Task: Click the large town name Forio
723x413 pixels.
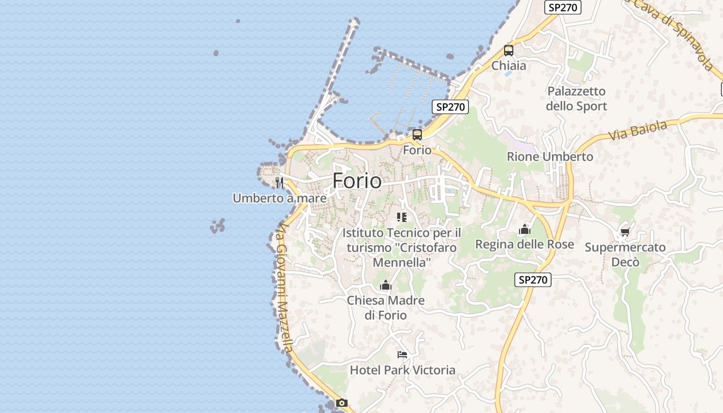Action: coord(357,181)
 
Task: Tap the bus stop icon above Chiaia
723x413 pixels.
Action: coord(509,51)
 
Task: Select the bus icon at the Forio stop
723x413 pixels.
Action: coord(417,135)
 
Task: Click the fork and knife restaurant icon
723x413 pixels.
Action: coord(279,182)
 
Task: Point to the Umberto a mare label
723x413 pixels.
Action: coord(279,198)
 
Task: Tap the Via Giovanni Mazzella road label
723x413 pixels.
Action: coord(285,289)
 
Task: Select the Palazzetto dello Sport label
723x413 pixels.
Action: coord(576,99)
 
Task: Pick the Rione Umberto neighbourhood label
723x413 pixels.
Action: coord(550,156)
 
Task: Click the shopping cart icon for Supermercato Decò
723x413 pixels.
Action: coord(625,232)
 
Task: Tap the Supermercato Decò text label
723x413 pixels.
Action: coord(625,255)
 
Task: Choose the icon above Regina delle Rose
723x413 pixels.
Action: coord(525,229)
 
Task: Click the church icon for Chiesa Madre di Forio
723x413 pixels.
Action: coord(385,285)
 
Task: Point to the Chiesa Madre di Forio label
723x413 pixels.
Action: coord(386,308)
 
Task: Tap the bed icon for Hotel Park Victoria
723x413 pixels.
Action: coord(402,355)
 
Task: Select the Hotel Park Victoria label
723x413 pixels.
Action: coord(402,370)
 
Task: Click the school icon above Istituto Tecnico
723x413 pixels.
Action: coord(401,217)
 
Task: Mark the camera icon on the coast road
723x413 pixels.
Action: coord(341,403)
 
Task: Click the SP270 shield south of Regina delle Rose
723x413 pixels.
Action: coord(533,280)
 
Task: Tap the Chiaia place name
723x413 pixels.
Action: coord(509,66)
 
